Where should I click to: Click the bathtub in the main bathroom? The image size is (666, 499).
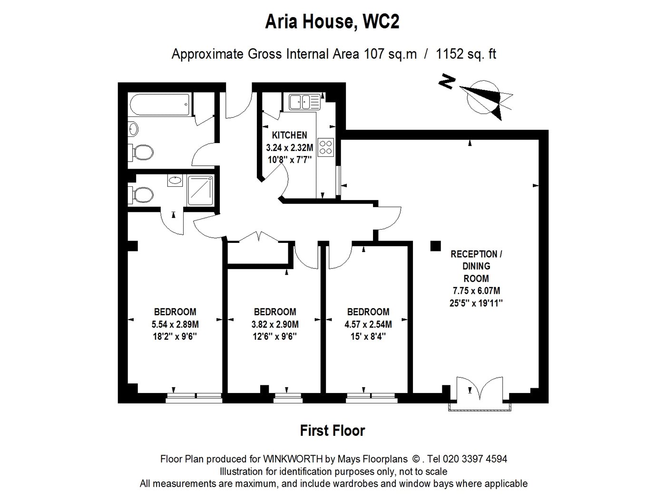[x=160, y=105]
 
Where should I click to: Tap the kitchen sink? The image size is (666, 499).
[x=304, y=102]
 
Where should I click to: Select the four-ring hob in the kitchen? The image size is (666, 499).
[x=325, y=147]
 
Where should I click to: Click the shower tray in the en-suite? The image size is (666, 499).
[x=200, y=190]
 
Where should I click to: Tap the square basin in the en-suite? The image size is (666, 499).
[x=175, y=181]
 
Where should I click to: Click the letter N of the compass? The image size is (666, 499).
[x=447, y=81]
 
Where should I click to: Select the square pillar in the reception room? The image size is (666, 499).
[x=436, y=246]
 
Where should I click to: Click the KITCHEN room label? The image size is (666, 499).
[x=289, y=135]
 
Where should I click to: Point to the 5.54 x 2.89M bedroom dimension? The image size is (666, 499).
[x=175, y=325]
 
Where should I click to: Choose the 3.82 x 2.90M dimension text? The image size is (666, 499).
[x=275, y=325]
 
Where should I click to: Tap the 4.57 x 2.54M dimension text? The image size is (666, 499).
[x=368, y=325]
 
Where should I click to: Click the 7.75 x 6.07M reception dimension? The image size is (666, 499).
[x=476, y=291]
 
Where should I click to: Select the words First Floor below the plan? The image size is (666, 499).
[x=333, y=431]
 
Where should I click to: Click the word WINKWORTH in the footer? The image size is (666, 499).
[x=293, y=459]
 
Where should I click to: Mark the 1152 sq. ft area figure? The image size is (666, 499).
[x=466, y=54]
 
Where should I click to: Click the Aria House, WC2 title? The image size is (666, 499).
[x=332, y=22]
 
